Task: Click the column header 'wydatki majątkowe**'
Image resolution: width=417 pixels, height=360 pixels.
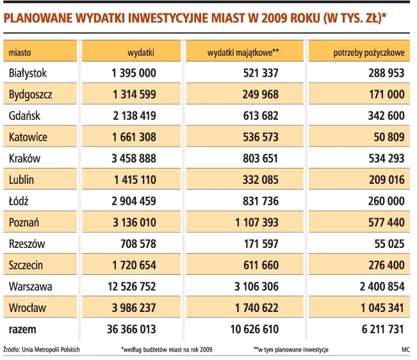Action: [x=243, y=52]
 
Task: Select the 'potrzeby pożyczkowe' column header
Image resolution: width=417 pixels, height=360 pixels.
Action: [x=368, y=52]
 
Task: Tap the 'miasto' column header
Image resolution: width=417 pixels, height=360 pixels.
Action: [x=20, y=52]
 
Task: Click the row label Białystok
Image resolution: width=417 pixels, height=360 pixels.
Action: [x=28, y=74]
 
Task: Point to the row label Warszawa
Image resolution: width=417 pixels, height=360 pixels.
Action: [x=30, y=286]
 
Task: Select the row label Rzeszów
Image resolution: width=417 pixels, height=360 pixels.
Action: [x=27, y=244]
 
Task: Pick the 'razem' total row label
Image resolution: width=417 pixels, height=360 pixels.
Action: [x=22, y=329]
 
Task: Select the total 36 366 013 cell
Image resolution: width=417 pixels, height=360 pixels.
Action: [x=131, y=329]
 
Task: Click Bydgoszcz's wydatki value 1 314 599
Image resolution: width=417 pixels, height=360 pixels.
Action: [x=134, y=95]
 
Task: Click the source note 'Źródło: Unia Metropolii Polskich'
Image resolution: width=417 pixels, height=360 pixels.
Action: [x=44, y=350]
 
